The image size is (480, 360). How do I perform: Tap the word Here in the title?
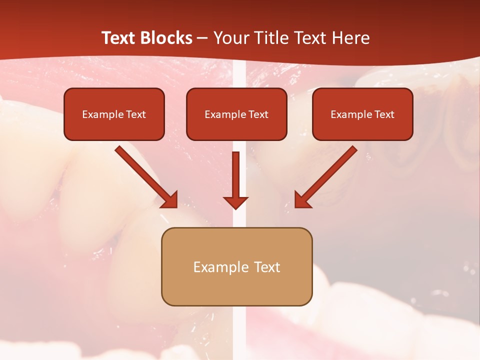(x=350, y=38)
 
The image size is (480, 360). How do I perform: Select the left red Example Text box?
(x=114, y=114)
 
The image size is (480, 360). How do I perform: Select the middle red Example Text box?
(x=236, y=114)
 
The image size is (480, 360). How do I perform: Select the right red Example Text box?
(x=362, y=114)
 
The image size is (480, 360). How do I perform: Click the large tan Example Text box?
(x=236, y=266)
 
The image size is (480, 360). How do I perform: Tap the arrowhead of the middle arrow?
(x=236, y=202)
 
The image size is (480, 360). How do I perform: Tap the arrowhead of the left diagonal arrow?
(x=170, y=200)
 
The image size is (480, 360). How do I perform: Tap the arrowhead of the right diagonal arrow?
(x=302, y=200)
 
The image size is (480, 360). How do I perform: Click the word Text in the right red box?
(x=384, y=114)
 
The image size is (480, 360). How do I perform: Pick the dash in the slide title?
(x=202, y=38)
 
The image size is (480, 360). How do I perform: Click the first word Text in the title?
(x=120, y=38)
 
